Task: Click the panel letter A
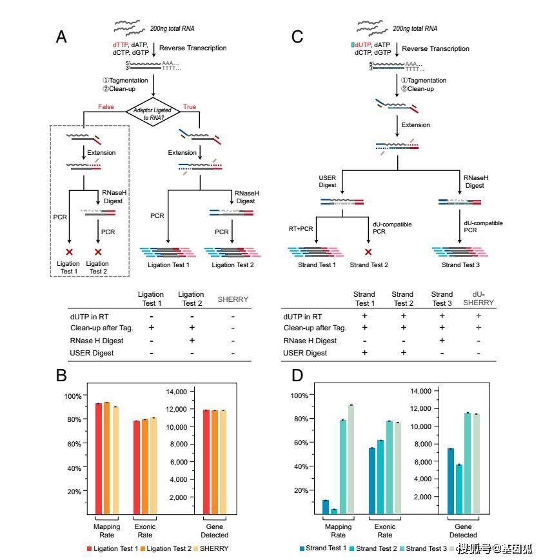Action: (61, 37)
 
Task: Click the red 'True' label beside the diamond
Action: (190, 106)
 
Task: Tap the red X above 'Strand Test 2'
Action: (368, 252)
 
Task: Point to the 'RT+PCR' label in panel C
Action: (301, 228)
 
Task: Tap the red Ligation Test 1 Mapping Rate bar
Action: (99, 458)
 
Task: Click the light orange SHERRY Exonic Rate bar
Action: (153, 465)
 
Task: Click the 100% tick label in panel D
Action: (302, 395)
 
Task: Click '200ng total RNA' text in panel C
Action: (415, 28)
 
